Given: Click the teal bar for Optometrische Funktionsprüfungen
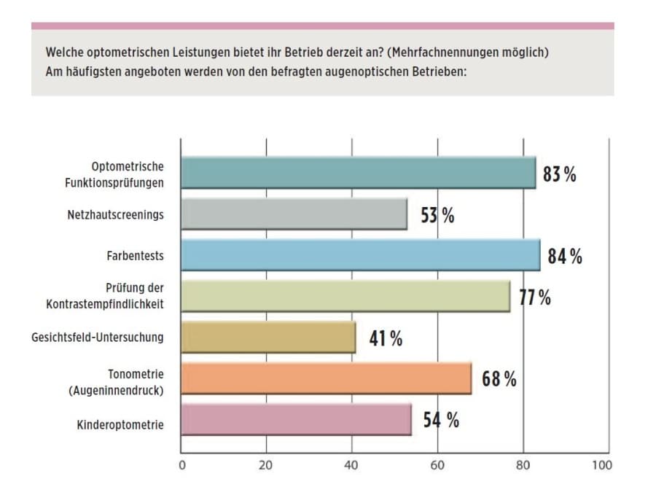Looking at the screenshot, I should click(357, 173).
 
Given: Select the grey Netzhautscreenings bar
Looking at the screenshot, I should click(293, 214).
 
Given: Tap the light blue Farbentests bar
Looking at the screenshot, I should click(360, 255).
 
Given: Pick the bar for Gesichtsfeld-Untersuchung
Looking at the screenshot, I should click(268, 338).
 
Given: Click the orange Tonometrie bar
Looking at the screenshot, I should click(326, 378).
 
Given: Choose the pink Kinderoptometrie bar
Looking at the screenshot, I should click(295, 420).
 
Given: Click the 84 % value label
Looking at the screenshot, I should click(565, 257).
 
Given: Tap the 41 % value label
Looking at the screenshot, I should click(385, 338).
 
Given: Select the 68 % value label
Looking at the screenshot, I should click(499, 379).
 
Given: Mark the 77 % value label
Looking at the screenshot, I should click(534, 297).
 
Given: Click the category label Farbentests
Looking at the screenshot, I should click(135, 256).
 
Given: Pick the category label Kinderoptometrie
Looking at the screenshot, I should click(120, 421).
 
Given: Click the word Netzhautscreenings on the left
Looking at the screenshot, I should click(114, 215).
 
